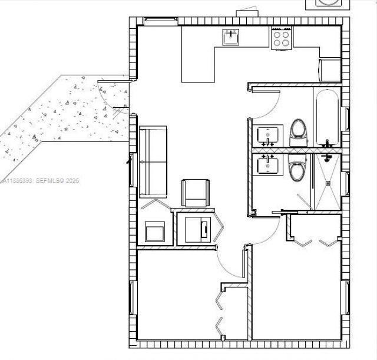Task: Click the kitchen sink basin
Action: [x=230, y=37]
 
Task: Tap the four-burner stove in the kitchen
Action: [x=282, y=38]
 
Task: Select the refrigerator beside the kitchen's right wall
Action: [x=330, y=70]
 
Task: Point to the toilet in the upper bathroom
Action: [x=299, y=130]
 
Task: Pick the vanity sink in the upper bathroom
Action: [x=270, y=134]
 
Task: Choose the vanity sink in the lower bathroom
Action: [x=270, y=164]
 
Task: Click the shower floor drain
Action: [x=329, y=183]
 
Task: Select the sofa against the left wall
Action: [x=153, y=162]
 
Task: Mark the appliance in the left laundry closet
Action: [x=156, y=231]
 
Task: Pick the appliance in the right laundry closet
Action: [x=197, y=228]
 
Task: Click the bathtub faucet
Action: [x=328, y=143]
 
